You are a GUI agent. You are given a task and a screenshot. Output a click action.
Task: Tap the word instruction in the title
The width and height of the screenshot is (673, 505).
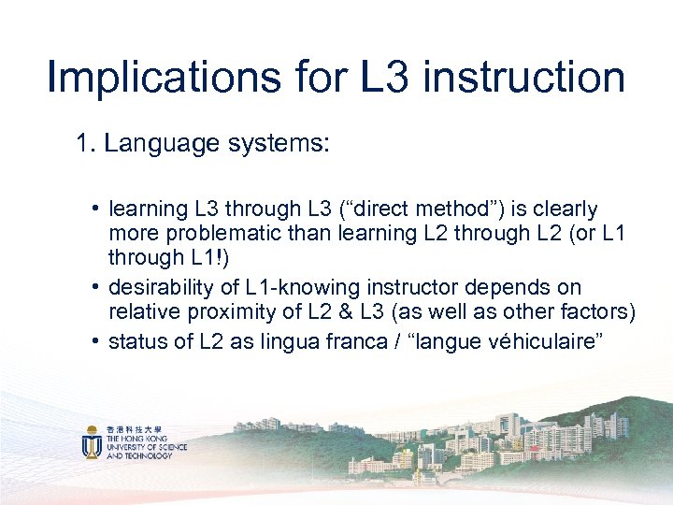click(524, 78)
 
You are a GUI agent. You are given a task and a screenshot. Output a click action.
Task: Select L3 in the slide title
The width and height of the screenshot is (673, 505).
click(387, 78)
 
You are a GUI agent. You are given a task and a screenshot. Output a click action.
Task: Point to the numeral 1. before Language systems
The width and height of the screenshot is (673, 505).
click(87, 143)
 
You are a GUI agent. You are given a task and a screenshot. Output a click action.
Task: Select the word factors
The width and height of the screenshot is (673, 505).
click(599, 311)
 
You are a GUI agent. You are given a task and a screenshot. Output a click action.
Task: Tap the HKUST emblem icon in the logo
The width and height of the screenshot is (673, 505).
click(92, 442)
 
